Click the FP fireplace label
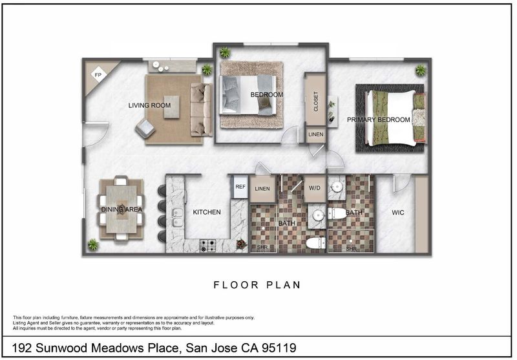point(98,75)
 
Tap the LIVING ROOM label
point(149,105)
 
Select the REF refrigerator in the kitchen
point(240,187)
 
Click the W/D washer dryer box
point(315,188)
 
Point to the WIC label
point(398,213)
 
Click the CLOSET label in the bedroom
point(316,101)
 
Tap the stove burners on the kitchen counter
point(208,246)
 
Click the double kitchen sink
point(177,218)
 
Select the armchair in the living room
point(145,129)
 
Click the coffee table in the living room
point(172,107)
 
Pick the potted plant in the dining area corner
point(92,244)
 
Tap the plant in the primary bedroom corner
point(421,70)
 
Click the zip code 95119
point(279,348)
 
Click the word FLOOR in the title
point(236,285)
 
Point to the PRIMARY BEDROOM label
point(379,120)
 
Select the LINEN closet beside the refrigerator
point(262,189)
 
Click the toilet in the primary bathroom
point(337,214)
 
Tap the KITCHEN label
point(207,212)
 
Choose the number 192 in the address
point(22,348)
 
